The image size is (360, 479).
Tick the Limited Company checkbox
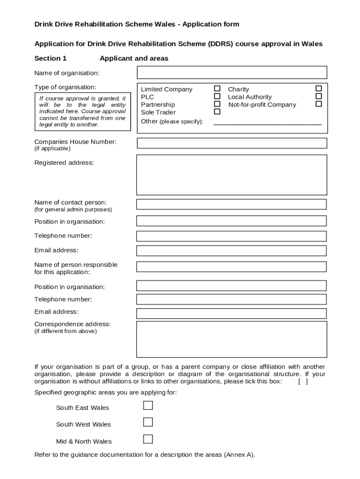(x=217, y=88)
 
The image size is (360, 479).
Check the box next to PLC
(x=217, y=96)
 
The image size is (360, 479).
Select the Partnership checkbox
(x=217, y=104)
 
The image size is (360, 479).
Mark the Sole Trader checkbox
(x=217, y=112)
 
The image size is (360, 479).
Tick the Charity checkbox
(x=318, y=88)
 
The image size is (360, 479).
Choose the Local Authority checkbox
(x=318, y=96)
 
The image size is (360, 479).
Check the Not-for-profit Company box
(x=318, y=104)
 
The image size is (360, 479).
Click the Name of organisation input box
(x=231, y=73)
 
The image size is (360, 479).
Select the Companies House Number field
(x=231, y=143)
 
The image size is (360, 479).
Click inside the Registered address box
(x=231, y=175)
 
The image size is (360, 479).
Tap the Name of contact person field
(x=231, y=204)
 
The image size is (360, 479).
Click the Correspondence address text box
(x=231, y=339)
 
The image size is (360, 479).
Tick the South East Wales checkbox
(x=148, y=406)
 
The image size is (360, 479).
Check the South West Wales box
(x=148, y=422)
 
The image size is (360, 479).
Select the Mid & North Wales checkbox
(x=148, y=439)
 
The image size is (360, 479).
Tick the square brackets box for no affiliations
(x=303, y=381)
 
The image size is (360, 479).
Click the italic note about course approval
(x=82, y=111)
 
